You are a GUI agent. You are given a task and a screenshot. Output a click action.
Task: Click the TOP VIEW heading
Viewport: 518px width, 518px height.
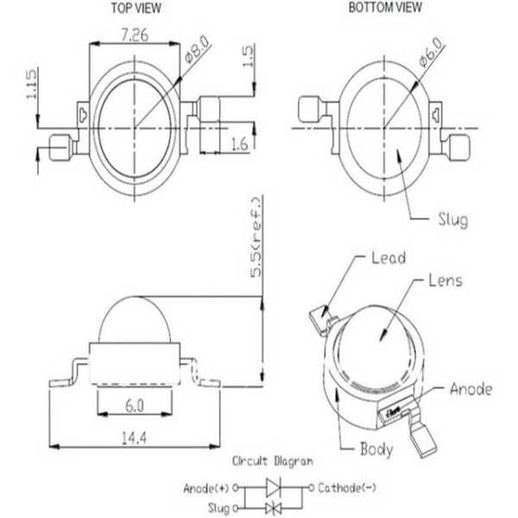[x=136, y=9]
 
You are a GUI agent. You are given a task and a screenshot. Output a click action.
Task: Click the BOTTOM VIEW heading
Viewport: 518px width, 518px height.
[x=385, y=7]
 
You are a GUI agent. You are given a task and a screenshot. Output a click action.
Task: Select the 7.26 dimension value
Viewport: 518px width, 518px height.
[x=135, y=35]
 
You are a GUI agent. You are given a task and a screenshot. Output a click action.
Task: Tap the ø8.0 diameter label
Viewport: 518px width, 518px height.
[x=197, y=49]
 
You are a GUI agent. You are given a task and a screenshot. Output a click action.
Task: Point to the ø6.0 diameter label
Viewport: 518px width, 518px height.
[x=431, y=52]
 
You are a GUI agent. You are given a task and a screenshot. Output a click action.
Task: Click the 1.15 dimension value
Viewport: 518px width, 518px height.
[x=31, y=84]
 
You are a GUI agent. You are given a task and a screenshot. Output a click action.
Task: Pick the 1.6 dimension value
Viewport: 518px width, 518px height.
[x=239, y=144]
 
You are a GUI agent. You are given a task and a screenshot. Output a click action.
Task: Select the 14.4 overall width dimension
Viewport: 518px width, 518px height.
[x=134, y=438]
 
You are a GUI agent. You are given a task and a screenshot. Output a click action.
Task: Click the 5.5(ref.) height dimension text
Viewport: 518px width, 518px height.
[x=256, y=237]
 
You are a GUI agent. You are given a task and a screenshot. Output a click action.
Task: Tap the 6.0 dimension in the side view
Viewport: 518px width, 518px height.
[x=135, y=406]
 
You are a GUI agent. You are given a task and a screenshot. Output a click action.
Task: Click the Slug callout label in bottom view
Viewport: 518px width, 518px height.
[x=453, y=219]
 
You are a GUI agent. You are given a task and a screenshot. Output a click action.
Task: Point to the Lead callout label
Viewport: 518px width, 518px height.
[x=388, y=257]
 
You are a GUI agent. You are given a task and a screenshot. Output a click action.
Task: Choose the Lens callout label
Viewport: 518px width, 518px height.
[x=445, y=281]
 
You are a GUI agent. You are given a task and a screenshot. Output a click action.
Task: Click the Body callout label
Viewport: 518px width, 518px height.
[x=376, y=449]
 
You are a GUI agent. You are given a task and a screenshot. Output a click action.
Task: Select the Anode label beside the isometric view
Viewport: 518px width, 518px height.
[x=471, y=388]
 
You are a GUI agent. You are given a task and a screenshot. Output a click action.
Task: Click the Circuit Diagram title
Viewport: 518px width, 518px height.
[x=273, y=461]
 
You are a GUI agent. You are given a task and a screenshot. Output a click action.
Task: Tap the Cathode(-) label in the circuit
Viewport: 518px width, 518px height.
[x=347, y=488]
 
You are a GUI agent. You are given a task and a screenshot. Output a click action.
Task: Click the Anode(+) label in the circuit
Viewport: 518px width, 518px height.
[x=206, y=489]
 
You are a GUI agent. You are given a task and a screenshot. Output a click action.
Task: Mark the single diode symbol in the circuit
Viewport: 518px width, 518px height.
[x=274, y=487]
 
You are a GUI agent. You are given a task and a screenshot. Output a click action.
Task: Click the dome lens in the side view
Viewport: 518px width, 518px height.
[x=135, y=319]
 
